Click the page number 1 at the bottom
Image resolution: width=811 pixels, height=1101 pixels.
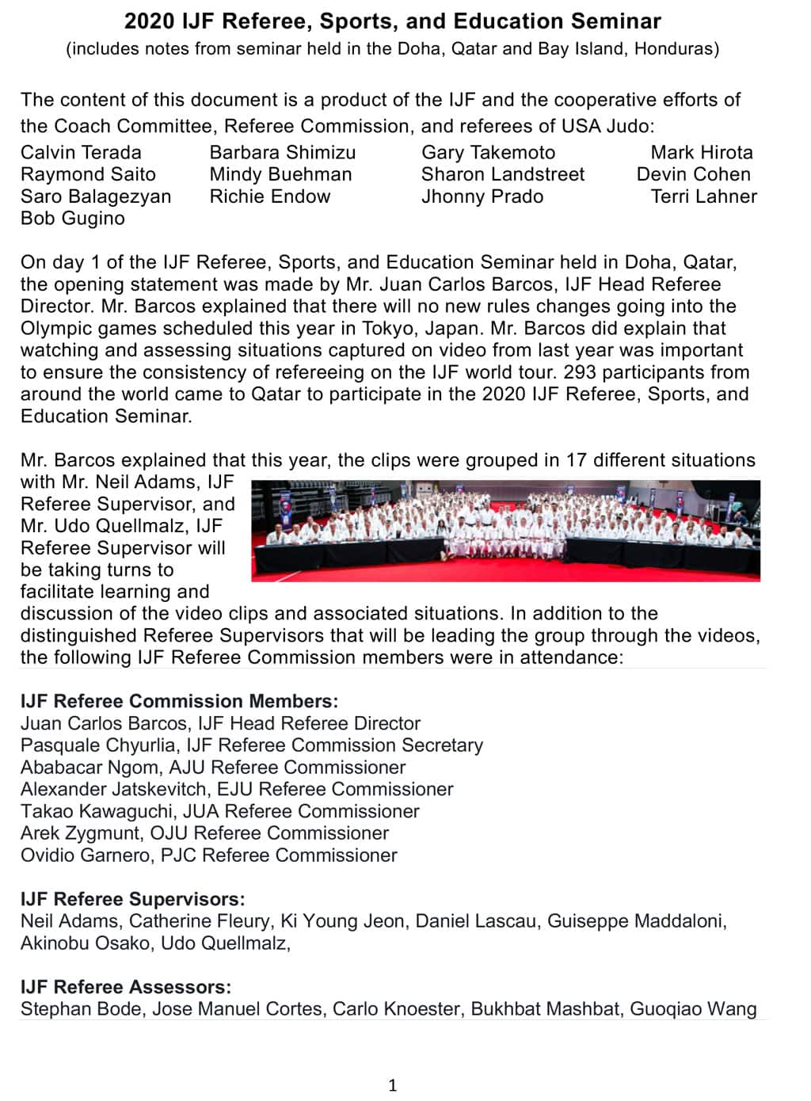(392, 1085)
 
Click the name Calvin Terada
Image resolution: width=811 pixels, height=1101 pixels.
(81, 152)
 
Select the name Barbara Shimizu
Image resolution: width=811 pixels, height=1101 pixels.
(283, 152)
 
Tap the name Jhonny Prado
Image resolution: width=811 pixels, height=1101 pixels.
(482, 196)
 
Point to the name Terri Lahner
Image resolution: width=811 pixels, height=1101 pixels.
(703, 196)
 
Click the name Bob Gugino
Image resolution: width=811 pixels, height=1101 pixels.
(73, 218)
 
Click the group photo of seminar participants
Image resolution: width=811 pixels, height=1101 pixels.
(505, 531)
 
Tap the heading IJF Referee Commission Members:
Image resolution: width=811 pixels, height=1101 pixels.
(179, 701)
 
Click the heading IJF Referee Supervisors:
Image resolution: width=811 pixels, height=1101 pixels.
(132, 899)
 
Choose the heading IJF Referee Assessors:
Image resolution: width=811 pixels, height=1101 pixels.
(126, 987)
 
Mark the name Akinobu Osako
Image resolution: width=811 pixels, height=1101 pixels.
(86, 943)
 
